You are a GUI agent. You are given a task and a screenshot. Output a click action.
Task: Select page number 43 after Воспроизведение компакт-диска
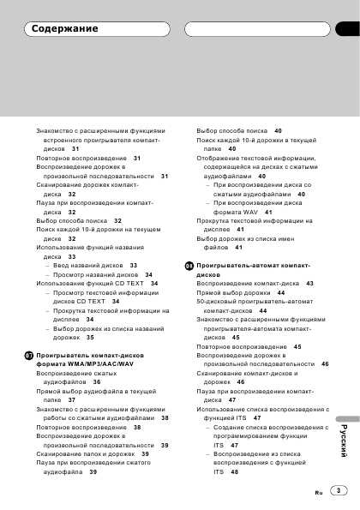click(309, 283)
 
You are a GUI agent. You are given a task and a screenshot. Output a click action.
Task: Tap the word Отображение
click(220, 159)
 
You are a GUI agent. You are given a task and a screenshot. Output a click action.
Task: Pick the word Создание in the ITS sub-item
click(226, 427)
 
